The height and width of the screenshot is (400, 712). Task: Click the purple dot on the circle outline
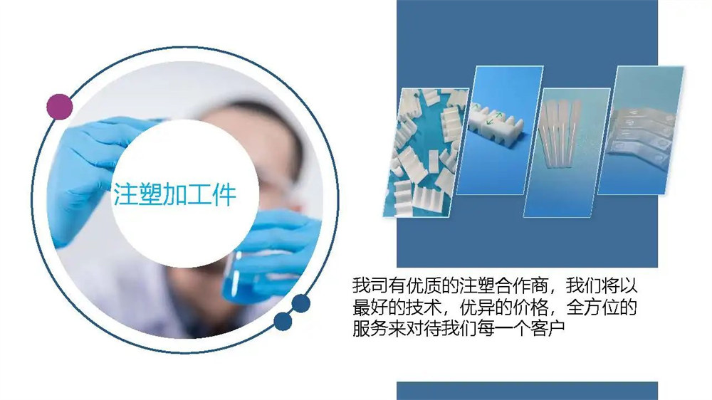pyautogui.click(x=60, y=107)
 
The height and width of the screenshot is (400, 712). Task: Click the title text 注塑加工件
pyautogui.click(x=175, y=194)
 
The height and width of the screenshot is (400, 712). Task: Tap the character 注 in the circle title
pyautogui.click(x=125, y=194)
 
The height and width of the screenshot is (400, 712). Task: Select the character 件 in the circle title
pyautogui.click(x=224, y=194)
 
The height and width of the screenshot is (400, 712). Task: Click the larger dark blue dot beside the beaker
pyautogui.click(x=300, y=303)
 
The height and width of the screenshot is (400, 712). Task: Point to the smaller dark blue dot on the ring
pyautogui.click(x=283, y=322)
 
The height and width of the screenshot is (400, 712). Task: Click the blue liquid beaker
pyautogui.click(x=248, y=277)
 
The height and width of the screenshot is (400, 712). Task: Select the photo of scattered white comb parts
pyautogui.click(x=426, y=152)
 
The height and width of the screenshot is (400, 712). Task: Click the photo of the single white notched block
pyautogui.click(x=500, y=130)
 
